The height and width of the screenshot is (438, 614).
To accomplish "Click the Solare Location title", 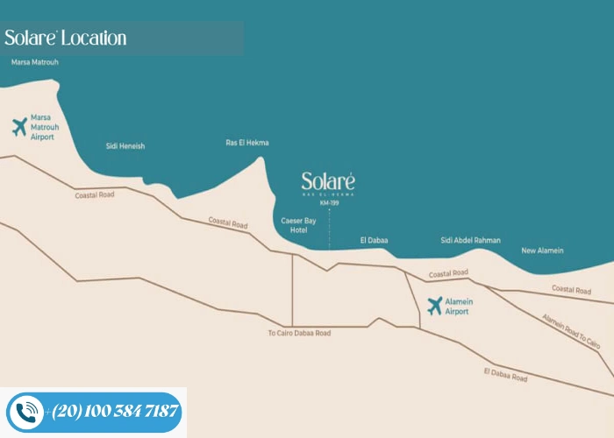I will point(66,38).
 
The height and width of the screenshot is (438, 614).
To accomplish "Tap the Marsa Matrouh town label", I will point(35,63).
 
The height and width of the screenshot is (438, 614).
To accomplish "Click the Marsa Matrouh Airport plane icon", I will point(19,127).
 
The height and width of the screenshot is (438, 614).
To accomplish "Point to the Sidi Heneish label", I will point(125,146).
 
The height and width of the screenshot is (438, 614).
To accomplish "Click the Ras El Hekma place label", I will point(247,143).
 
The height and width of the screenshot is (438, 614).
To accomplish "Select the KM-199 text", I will point(329,203).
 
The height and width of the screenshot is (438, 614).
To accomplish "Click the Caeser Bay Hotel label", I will point(293,225).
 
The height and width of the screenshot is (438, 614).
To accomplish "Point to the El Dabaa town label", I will point(374,240).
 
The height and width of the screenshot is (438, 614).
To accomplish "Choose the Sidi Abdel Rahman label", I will point(470,240).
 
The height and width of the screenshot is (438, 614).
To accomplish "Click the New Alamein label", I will point(543,251).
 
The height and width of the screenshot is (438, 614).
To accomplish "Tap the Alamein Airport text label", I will point(459,306).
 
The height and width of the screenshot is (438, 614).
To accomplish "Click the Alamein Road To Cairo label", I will point(571,331).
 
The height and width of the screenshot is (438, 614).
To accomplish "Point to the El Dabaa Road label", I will point(505,376).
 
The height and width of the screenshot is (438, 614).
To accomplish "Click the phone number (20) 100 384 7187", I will point(115,411).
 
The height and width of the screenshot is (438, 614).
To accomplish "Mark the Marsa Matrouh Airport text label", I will point(42,127).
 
